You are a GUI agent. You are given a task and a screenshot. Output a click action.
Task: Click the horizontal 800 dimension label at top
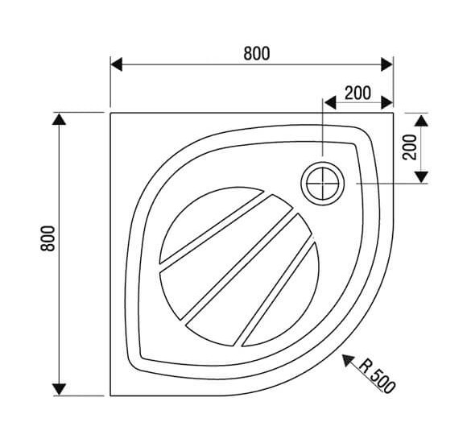257,54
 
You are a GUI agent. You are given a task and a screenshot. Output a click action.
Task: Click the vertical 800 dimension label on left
48,238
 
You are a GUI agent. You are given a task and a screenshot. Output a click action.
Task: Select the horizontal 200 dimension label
357,93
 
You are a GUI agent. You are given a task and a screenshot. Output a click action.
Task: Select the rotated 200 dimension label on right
410,147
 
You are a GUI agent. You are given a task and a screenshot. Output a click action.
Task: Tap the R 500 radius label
377,375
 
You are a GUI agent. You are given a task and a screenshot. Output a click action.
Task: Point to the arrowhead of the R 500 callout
348,360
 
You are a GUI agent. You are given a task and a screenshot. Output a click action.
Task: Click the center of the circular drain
323,183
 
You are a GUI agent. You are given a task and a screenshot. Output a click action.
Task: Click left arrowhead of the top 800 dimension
116,64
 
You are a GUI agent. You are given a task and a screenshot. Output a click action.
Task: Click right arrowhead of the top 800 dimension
387,64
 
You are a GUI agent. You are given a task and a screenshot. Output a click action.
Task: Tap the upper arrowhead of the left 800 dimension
59,119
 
